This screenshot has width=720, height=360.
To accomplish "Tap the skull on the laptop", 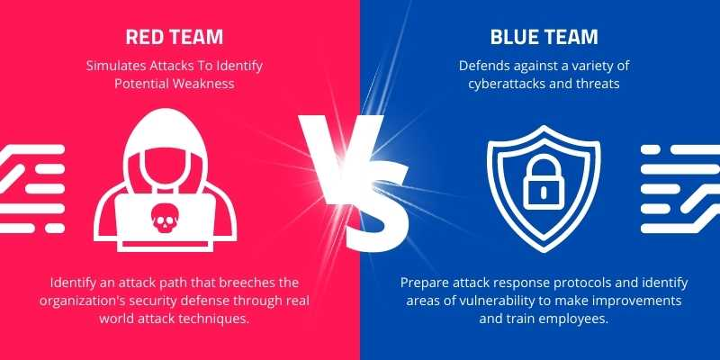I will [165, 218].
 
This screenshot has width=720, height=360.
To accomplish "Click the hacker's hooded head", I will [165, 148].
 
